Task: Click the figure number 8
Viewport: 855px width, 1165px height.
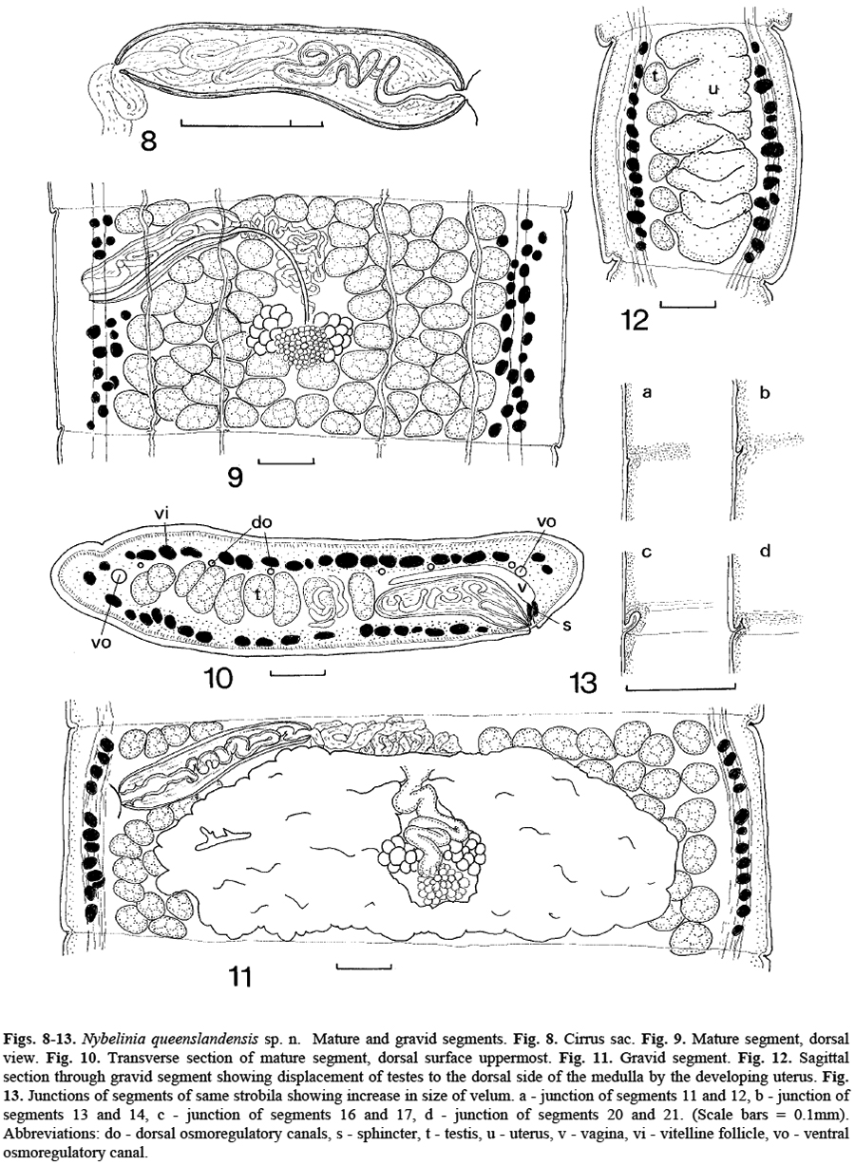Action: (x=149, y=141)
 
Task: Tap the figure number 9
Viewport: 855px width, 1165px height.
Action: (x=236, y=478)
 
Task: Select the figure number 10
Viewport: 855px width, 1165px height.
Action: (x=218, y=678)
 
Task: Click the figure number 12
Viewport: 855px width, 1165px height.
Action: (x=635, y=320)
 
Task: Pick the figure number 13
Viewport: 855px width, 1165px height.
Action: (x=582, y=684)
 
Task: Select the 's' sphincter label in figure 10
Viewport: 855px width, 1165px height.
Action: (x=567, y=625)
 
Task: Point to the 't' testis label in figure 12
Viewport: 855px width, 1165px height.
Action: (x=656, y=76)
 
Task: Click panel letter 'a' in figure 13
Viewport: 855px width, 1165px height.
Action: (x=647, y=392)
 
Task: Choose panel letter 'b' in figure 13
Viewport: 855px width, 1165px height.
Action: (x=765, y=392)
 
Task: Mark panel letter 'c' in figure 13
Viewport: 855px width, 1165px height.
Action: (x=647, y=553)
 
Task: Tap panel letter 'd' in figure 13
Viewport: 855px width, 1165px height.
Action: (x=765, y=551)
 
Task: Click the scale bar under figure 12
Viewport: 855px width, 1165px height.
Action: (x=688, y=303)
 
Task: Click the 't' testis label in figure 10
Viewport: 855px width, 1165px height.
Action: (x=257, y=596)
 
